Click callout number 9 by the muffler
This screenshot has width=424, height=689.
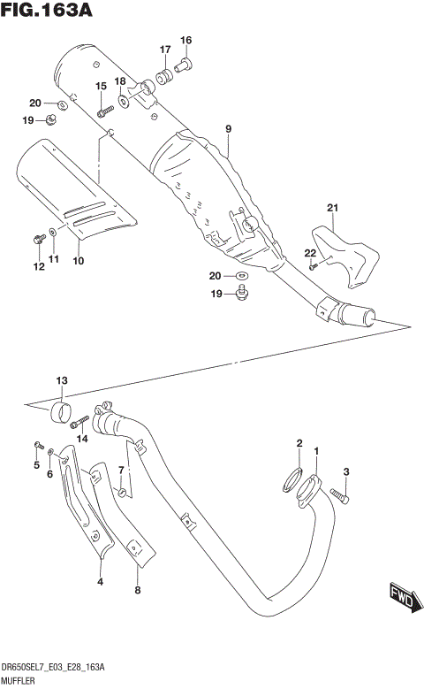pos(228,130)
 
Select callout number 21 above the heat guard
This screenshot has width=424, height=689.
pos(332,208)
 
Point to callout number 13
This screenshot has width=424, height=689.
pos(61,381)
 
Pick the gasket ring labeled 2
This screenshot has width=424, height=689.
pos(294,481)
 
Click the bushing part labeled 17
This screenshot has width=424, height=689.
pos(163,78)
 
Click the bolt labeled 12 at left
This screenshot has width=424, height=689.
pos(38,239)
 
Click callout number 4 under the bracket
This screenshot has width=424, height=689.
pos(100,581)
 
